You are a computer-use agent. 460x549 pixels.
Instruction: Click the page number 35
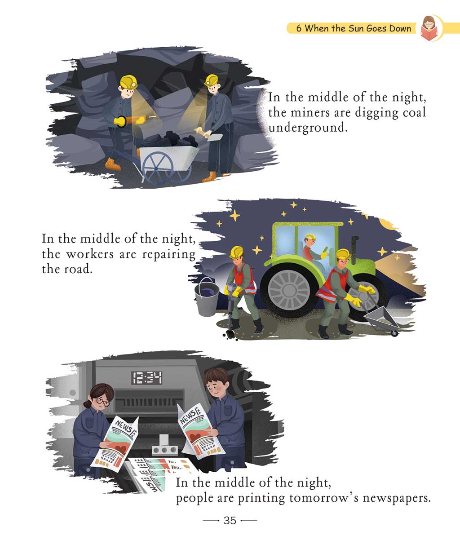tap(230, 520)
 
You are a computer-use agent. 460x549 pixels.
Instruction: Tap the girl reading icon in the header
tap(429, 28)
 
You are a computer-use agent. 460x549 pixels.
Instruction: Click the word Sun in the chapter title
tap(356, 28)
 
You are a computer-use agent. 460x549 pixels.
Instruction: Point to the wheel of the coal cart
tap(158, 168)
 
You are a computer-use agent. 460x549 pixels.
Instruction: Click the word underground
tap(307, 128)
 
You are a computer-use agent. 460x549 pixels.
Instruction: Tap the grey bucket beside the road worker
tap(207, 297)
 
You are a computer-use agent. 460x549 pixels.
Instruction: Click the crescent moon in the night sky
tap(387, 224)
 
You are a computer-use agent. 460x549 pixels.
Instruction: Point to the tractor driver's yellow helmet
tap(310, 237)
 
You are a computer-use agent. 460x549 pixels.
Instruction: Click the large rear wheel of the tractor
tap(289, 290)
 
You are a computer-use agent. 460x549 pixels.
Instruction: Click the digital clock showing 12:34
tap(147, 378)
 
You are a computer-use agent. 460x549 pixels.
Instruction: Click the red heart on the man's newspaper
tap(195, 437)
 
